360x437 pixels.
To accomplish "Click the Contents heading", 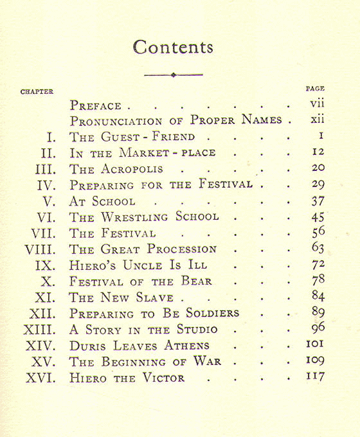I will [173, 47].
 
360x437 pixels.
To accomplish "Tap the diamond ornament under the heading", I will [173, 75].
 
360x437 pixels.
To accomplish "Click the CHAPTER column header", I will [37, 92].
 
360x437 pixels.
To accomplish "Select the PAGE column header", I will [315, 88].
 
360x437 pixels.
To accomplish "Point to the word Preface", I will [96, 105].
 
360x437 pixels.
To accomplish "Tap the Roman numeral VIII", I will [43, 249].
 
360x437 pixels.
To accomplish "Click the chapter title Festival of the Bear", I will [140, 281].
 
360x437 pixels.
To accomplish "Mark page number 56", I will [316, 232].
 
